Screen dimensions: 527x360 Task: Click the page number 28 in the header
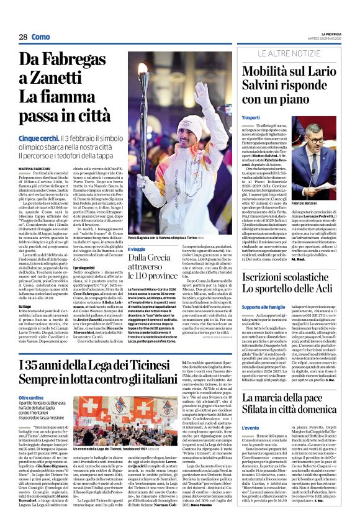(23, 37)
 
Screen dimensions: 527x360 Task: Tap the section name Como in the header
(41, 37)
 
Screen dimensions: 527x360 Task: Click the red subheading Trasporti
(251, 117)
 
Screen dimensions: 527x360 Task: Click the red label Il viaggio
(137, 250)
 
